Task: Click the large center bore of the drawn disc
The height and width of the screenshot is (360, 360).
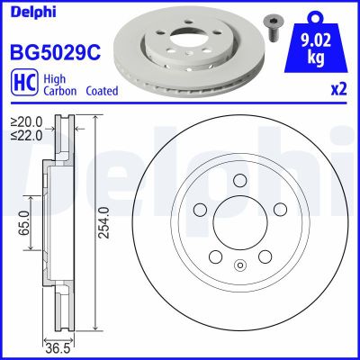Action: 239,225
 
